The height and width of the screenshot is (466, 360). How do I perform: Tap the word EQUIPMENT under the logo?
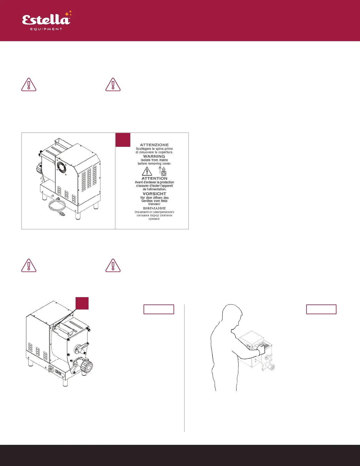point(46,29)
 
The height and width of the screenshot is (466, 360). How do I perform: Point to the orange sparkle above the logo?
point(68,14)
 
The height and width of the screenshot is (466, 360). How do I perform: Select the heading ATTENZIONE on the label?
point(154,145)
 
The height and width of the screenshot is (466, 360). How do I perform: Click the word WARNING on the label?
point(154,156)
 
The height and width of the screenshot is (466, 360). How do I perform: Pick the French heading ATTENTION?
point(154,178)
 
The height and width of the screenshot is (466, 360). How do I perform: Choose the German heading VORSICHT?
point(154,194)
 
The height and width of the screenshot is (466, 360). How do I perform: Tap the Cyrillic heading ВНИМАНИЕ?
point(154,208)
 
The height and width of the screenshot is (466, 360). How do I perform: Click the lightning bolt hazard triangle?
point(147,171)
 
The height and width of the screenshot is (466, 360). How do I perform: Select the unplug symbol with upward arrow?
point(162,171)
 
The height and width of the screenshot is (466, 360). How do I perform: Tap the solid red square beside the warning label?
point(123,140)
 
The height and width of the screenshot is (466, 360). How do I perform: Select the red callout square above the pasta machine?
point(82,303)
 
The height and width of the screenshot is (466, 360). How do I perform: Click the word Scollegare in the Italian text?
point(144,149)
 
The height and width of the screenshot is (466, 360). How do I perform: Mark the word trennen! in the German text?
point(154,204)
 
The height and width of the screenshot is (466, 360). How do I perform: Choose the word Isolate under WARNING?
point(146,160)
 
